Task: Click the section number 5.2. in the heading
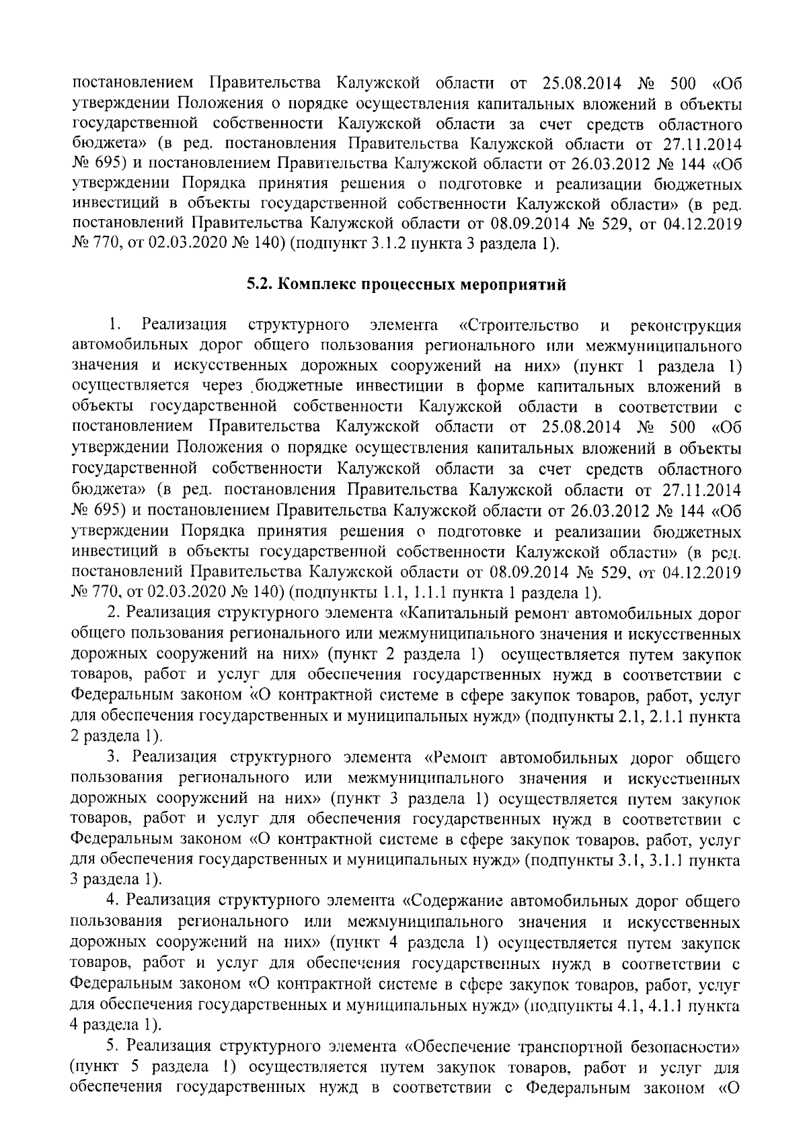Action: [258, 285]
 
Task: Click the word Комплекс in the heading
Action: [311, 285]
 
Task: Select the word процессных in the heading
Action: [401, 285]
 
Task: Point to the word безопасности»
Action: [685, 1046]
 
